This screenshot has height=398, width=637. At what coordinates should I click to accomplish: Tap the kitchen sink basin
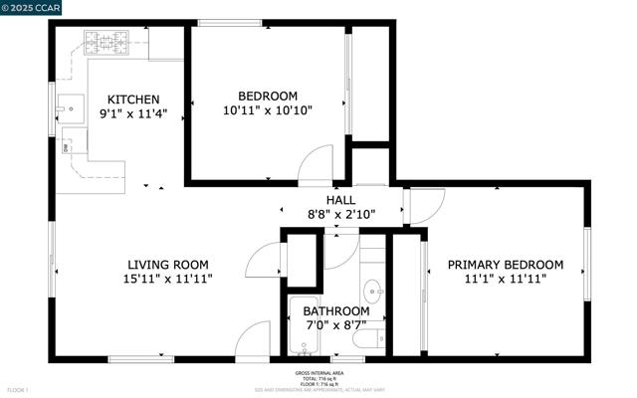tap(72, 103)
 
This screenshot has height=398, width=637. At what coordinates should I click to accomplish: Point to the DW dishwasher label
tap(67, 148)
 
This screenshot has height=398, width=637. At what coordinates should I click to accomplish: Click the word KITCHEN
tap(133, 99)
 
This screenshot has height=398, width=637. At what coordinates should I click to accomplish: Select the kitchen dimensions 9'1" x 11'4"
tap(133, 113)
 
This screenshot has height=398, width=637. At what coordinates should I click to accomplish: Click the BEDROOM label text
tap(267, 97)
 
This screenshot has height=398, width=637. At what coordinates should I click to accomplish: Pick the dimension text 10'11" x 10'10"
tap(267, 111)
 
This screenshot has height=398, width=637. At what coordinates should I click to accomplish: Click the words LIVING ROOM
tap(167, 264)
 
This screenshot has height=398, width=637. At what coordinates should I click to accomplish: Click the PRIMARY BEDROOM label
tap(505, 265)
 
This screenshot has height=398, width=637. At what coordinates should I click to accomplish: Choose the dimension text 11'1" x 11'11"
tap(505, 280)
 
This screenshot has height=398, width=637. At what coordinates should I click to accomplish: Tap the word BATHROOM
tap(333, 310)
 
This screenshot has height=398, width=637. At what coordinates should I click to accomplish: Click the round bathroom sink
tap(373, 293)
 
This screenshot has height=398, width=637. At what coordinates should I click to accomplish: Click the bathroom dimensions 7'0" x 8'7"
tap(333, 324)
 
